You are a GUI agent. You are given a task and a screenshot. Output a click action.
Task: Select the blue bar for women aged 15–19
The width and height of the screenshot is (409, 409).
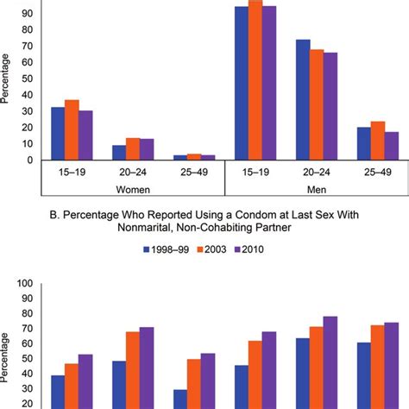point(58,134)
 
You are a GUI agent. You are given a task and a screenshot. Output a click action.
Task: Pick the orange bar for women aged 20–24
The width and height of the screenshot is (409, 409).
point(132,149)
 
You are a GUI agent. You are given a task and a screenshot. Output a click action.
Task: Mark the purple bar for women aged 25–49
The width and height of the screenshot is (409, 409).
point(206,157)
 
